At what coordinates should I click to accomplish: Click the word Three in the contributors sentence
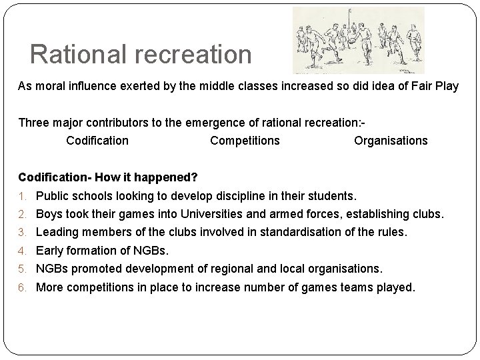[x=34, y=123]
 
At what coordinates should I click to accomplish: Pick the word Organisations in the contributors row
[x=391, y=141]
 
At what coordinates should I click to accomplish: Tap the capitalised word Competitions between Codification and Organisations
[x=245, y=141]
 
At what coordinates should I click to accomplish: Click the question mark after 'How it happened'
[x=194, y=177]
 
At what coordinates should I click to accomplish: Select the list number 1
[x=22, y=197]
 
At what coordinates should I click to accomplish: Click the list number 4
[x=22, y=251]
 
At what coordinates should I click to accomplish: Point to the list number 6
[x=22, y=288]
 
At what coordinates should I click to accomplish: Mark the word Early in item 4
[x=49, y=251]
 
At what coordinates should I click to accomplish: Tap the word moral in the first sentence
[x=48, y=87]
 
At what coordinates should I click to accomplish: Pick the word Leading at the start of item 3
[x=57, y=232]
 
